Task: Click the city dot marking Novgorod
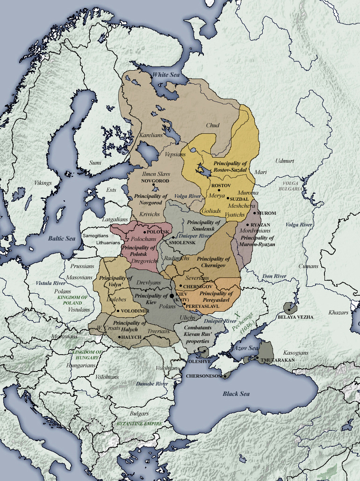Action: coord(153,185)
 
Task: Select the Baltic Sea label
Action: coord(62,238)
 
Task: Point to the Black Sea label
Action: coord(236,394)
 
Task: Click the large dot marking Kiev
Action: coord(172,296)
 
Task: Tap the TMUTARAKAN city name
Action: coord(275,360)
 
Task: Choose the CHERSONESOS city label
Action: coord(204,376)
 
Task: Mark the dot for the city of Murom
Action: coord(255,213)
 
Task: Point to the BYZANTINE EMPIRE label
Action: coord(140,423)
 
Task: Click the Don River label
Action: coord(274,276)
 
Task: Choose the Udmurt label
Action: coord(284,160)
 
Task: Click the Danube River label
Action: coord(151,384)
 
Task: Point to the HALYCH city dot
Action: coord(120,337)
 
